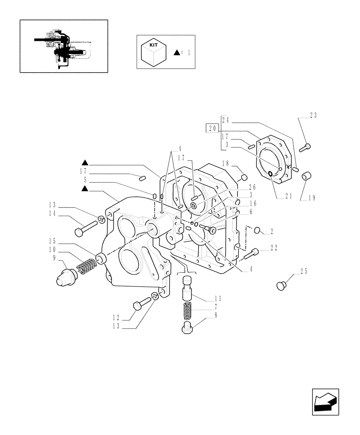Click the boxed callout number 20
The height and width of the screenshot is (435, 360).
click(x=212, y=128)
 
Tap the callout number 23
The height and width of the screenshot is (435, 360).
click(x=313, y=116)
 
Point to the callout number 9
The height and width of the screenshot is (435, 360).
click(x=55, y=258)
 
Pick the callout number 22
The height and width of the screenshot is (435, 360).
click(x=274, y=248)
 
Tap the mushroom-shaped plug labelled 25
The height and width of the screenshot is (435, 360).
click(x=282, y=285)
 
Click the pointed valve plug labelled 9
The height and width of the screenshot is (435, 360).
click(x=65, y=276)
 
